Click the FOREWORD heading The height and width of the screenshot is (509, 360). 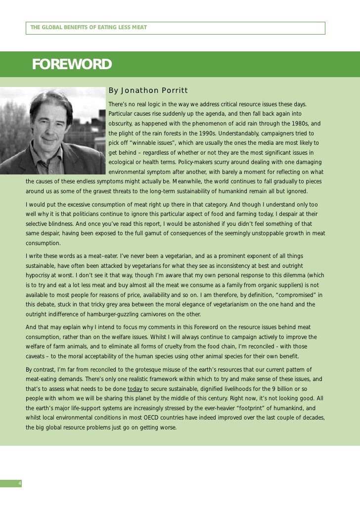pos(72,65)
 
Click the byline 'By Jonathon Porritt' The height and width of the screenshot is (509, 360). pos(148,90)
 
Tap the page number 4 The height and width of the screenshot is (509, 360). pos(19,483)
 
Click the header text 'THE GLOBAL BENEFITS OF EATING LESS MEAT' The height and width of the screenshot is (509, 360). pos(89,28)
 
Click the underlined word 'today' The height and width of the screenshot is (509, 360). pos(135,388)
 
